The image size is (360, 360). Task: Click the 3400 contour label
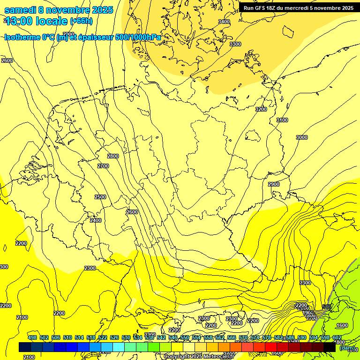(224, 22)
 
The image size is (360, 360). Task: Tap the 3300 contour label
(235, 44)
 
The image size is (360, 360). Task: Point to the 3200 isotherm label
(261, 109)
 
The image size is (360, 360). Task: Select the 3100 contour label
(282, 120)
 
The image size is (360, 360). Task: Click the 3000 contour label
(302, 137)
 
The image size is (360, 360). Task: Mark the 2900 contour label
(274, 184)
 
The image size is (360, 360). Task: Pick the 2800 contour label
(113, 156)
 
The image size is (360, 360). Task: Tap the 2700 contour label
(103, 166)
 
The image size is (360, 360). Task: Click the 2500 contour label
(100, 197)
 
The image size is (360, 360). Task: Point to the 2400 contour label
(96, 220)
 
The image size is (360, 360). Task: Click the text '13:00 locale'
(37, 21)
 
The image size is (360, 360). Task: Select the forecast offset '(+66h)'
(81, 21)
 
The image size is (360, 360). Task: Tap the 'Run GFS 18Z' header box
(299, 7)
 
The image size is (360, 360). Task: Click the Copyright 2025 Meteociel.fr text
(205, 356)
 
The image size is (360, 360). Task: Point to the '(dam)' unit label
(347, 348)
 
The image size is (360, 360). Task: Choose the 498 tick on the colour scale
(32, 337)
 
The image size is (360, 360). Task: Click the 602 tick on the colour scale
(337, 337)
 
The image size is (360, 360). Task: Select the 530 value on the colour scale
(126, 337)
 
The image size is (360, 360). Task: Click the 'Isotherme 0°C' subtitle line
(82, 37)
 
